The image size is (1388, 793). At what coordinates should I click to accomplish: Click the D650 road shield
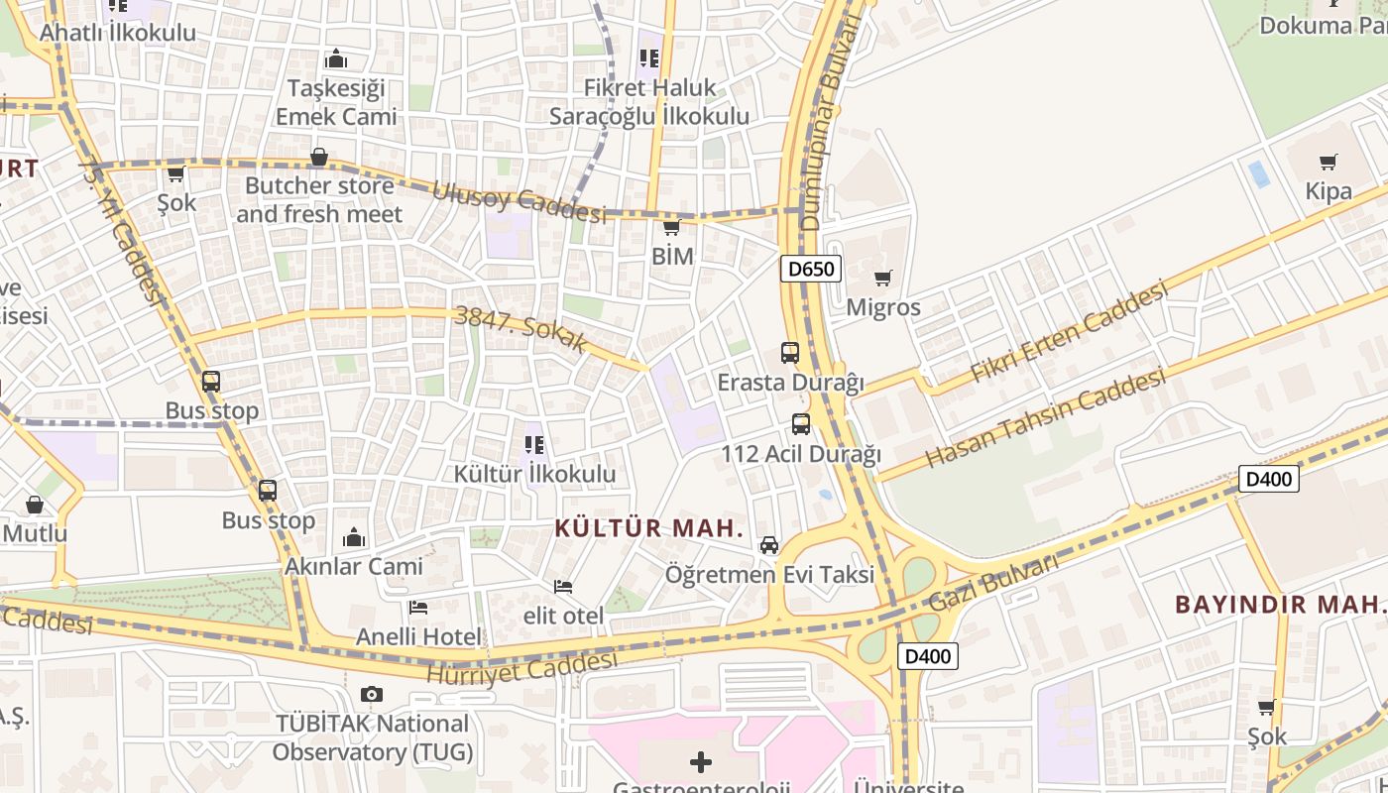point(810,269)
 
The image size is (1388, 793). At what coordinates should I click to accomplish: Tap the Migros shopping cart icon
point(882,279)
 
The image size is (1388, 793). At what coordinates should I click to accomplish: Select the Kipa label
point(1329,191)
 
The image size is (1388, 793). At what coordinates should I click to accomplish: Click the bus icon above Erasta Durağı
point(790,352)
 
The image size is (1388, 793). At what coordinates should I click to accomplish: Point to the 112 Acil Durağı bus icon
point(801,424)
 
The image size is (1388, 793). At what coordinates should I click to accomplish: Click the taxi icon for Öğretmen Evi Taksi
point(769,545)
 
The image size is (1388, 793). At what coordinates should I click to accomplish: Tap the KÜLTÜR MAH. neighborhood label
point(648,527)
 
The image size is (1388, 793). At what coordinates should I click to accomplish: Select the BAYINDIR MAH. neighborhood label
point(1279,604)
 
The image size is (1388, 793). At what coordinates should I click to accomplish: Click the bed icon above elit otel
point(563,587)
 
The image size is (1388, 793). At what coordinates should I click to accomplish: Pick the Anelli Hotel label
point(417,636)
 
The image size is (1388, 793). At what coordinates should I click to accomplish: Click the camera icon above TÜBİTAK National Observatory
point(372,694)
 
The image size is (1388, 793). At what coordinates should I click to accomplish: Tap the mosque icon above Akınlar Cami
point(354,538)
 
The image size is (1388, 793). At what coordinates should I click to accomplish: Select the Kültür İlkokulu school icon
point(534,445)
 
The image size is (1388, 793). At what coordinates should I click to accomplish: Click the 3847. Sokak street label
point(520,330)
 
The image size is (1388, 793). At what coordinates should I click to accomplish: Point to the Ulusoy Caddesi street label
point(519,202)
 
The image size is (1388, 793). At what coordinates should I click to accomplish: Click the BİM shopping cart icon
point(671,228)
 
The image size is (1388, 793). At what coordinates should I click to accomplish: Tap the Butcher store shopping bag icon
point(319,157)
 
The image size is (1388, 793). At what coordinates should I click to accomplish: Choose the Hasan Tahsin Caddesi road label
point(1046,419)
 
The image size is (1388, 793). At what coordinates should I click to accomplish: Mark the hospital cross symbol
point(701,761)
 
